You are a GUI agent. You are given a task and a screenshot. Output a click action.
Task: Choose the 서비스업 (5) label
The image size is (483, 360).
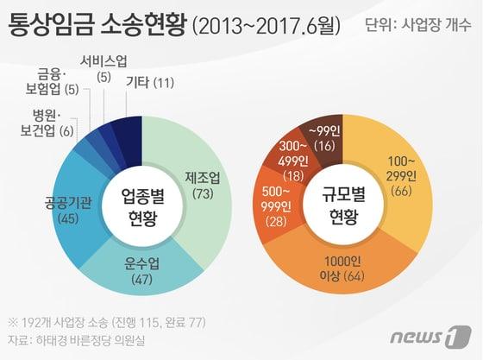pos(104,68)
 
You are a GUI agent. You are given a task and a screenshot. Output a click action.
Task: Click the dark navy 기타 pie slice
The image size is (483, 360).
pos(130,132)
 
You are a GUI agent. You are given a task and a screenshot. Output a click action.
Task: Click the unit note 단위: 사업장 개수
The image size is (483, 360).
pos(415,27)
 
